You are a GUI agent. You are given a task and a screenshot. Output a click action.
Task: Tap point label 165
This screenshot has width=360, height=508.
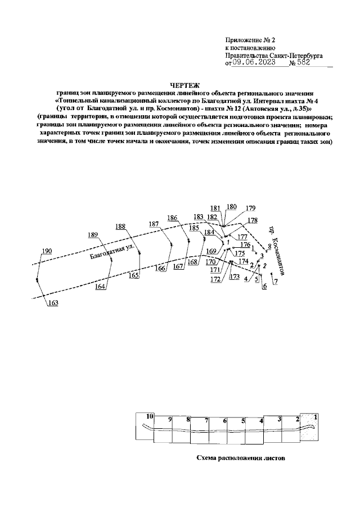[x=133, y=275]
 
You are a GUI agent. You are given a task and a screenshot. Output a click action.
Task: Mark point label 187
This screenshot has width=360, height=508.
[x=154, y=224]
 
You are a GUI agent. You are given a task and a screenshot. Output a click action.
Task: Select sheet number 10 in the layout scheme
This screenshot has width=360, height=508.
[x=150, y=416]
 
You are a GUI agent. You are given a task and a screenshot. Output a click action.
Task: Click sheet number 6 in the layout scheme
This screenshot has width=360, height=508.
[x=224, y=420]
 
